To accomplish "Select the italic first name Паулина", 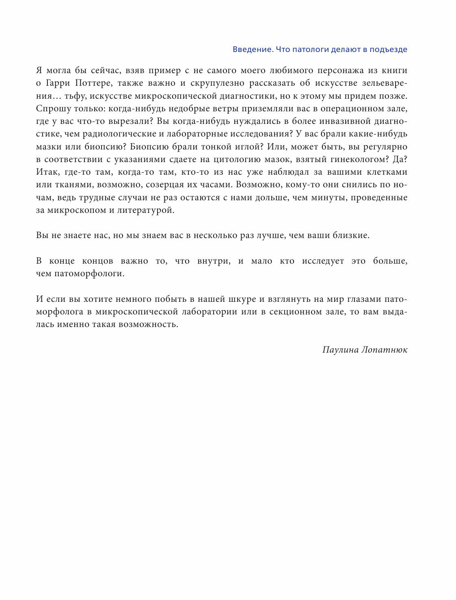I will coord(340,350).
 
